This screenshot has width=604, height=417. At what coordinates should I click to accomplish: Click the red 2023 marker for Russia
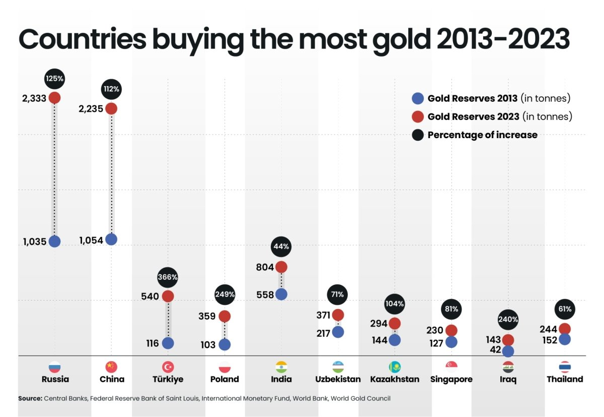click(54, 97)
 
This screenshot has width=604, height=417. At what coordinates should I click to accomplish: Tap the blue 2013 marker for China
click(111, 240)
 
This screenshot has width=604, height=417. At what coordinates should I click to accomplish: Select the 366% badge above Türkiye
click(168, 277)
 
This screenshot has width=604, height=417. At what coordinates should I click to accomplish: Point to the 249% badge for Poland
click(224, 294)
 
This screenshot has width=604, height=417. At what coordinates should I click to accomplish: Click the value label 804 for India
click(264, 267)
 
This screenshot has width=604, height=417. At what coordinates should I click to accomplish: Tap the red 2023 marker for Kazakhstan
click(395, 323)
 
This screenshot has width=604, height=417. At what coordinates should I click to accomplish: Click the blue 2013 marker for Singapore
click(451, 342)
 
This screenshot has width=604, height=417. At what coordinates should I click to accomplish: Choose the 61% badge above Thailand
click(565, 309)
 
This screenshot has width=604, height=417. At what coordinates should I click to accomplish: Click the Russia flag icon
click(54, 367)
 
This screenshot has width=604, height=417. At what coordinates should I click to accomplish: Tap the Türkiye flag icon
click(168, 367)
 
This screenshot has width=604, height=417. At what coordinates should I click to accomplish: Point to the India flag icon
click(281, 367)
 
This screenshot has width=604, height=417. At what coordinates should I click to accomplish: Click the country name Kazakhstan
click(395, 379)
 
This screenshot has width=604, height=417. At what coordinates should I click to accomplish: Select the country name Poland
click(224, 379)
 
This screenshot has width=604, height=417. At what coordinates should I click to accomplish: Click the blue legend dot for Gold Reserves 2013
click(417, 98)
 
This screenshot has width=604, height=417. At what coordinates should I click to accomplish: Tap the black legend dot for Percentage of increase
click(417, 135)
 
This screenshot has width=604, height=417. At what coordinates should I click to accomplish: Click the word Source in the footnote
click(30, 398)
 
